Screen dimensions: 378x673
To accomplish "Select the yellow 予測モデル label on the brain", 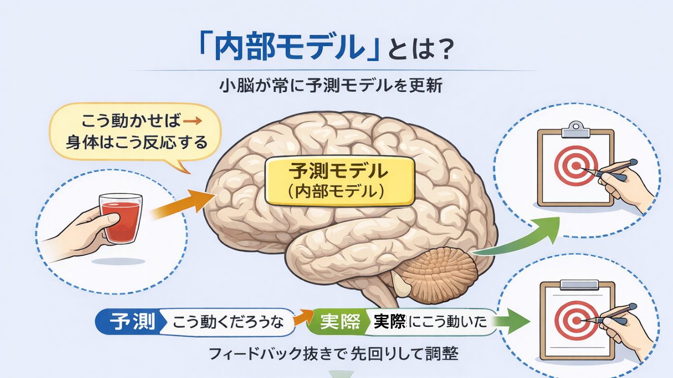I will click(338, 182).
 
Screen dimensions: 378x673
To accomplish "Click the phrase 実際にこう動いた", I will click(430, 322).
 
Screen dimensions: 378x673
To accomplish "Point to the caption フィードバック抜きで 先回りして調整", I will click(333, 353).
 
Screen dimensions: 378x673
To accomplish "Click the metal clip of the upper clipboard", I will click(575, 128).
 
